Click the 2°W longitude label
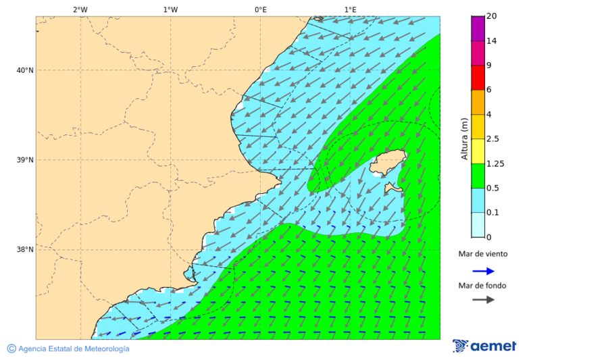[x=80, y=9]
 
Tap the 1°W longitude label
[x=170, y=9]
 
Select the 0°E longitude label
[x=260, y=9]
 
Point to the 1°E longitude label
[x=350, y=9]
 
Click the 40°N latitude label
[x=25, y=70]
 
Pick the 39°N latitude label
[x=25, y=160]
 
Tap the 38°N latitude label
[x=25, y=250]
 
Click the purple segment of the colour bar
[x=478, y=28]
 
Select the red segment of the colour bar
[x=478, y=78]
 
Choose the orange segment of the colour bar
[x=478, y=102]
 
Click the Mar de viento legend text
[x=482, y=255]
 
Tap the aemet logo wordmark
[x=493, y=346]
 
